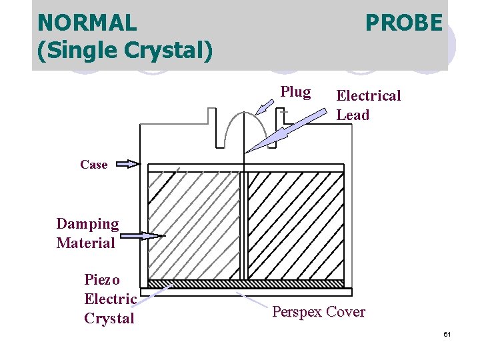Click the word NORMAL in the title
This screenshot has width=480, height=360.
[87, 23]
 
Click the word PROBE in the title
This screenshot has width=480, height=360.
[403, 23]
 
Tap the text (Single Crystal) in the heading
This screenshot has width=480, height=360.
[125, 51]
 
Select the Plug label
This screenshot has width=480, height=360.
[295, 92]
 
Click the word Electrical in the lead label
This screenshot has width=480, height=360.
[369, 96]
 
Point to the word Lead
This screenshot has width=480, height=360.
[353, 115]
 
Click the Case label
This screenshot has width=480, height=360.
[93, 164]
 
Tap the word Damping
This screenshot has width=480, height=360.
[87, 224]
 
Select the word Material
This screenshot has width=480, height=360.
[86, 243]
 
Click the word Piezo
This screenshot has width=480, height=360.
[102, 279]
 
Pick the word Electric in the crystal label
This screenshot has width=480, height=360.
[110, 299]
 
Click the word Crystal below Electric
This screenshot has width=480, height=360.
[109, 318]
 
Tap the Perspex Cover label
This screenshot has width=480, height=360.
[319, 312]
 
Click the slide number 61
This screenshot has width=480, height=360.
[447, 334]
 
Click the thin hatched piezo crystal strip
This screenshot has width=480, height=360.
[246, 283]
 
